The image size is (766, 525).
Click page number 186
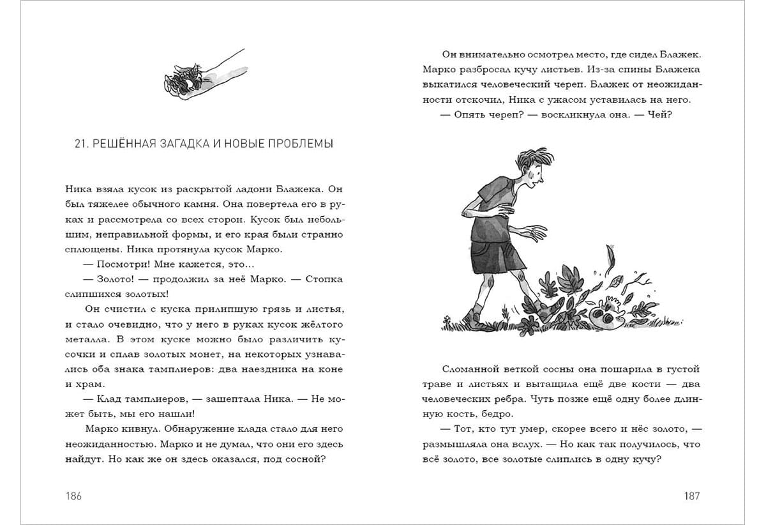74,496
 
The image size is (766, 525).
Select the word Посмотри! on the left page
123,264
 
